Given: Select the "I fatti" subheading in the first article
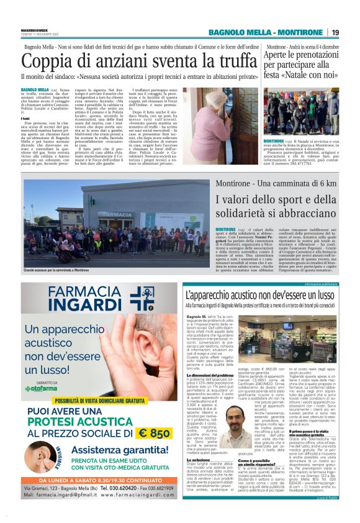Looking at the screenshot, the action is (x=26, y=118).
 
